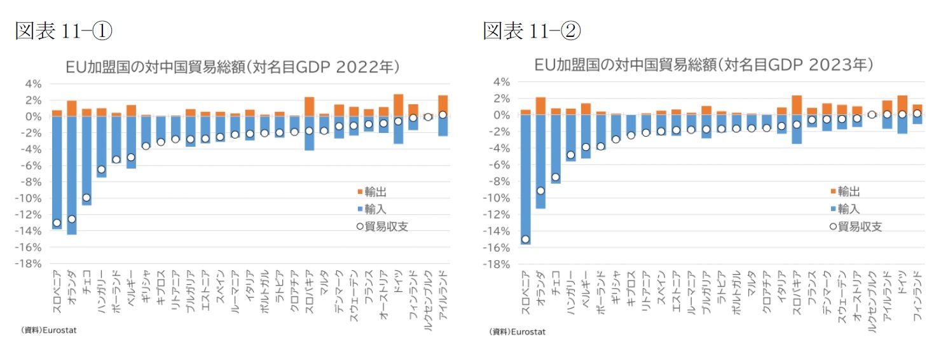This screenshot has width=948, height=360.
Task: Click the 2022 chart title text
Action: click(x=233, y=67)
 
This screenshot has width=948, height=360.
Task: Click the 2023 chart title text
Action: click(x=703, y=65)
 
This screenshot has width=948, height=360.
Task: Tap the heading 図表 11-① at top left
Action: click(x=64, y=30)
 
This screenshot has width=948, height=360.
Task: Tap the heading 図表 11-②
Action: click(x=532, y=30)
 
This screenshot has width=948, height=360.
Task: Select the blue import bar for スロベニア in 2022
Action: click(x=57, y=172)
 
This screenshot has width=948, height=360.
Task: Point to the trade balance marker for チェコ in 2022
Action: click(x=86, y=197)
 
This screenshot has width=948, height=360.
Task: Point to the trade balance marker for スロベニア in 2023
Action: click(x=525, y=239)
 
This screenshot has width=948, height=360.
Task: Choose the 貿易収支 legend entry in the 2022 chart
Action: click(x=381, y=225)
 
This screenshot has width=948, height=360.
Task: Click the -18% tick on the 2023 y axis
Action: click(x=497, y=264)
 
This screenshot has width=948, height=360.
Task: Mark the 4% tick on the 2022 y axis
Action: click(x=33, y=83)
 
